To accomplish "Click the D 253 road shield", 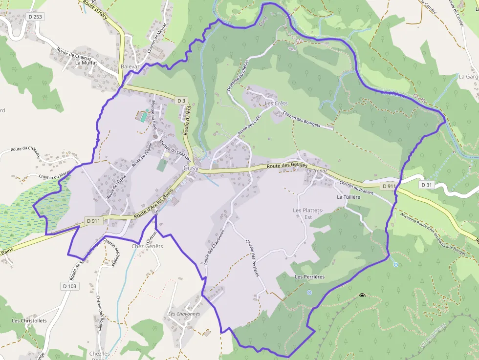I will pyautogui.click(x=36, y=16).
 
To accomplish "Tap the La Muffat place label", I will pyautogui.click(x=86, y=63).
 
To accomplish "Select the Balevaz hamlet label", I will pyautogui.click(x=131, y=66).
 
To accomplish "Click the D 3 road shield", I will pyautogui.click(x=181, y=101).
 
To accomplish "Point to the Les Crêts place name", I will pyautogui.click(x=276, y=104).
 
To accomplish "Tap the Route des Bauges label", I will pyautogui.click(x=287, y=166).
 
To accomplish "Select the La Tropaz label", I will pyautogui.click(x=317, y=171).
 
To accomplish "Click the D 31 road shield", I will pyautogui.click(x=427, y=185).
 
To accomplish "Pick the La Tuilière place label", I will pyautogui.click(x=348, y=197).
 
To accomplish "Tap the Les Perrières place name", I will pyautogui.click(x=309, y=276).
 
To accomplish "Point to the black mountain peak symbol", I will pyautogui.click(x=362, y=296).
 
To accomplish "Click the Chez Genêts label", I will pyautogui.click(x=147, y=246).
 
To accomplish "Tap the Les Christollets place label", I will pyautogui.click(x=29, y=321).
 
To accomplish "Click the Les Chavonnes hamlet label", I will pyautogui.click(x=184, y=314).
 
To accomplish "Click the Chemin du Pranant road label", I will pyautogui.click(x=356, y=188).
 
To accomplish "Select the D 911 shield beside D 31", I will pyautogui.click(x=389, y=186).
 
